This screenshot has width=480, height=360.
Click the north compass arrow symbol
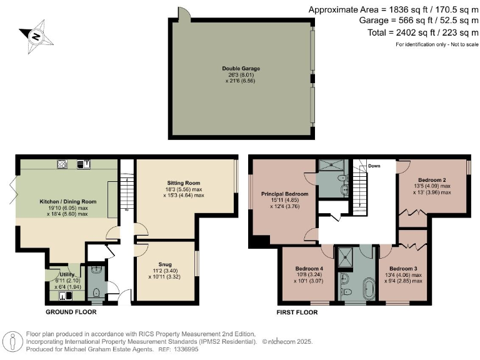click(x=35, y=36)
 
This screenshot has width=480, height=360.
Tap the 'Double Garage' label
click(x=241, y=68)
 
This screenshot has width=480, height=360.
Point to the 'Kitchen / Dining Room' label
click(x=68, y=201)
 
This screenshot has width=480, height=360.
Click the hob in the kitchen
click(x=62, y=165)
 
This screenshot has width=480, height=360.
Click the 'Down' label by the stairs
click(x=374, y=166)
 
